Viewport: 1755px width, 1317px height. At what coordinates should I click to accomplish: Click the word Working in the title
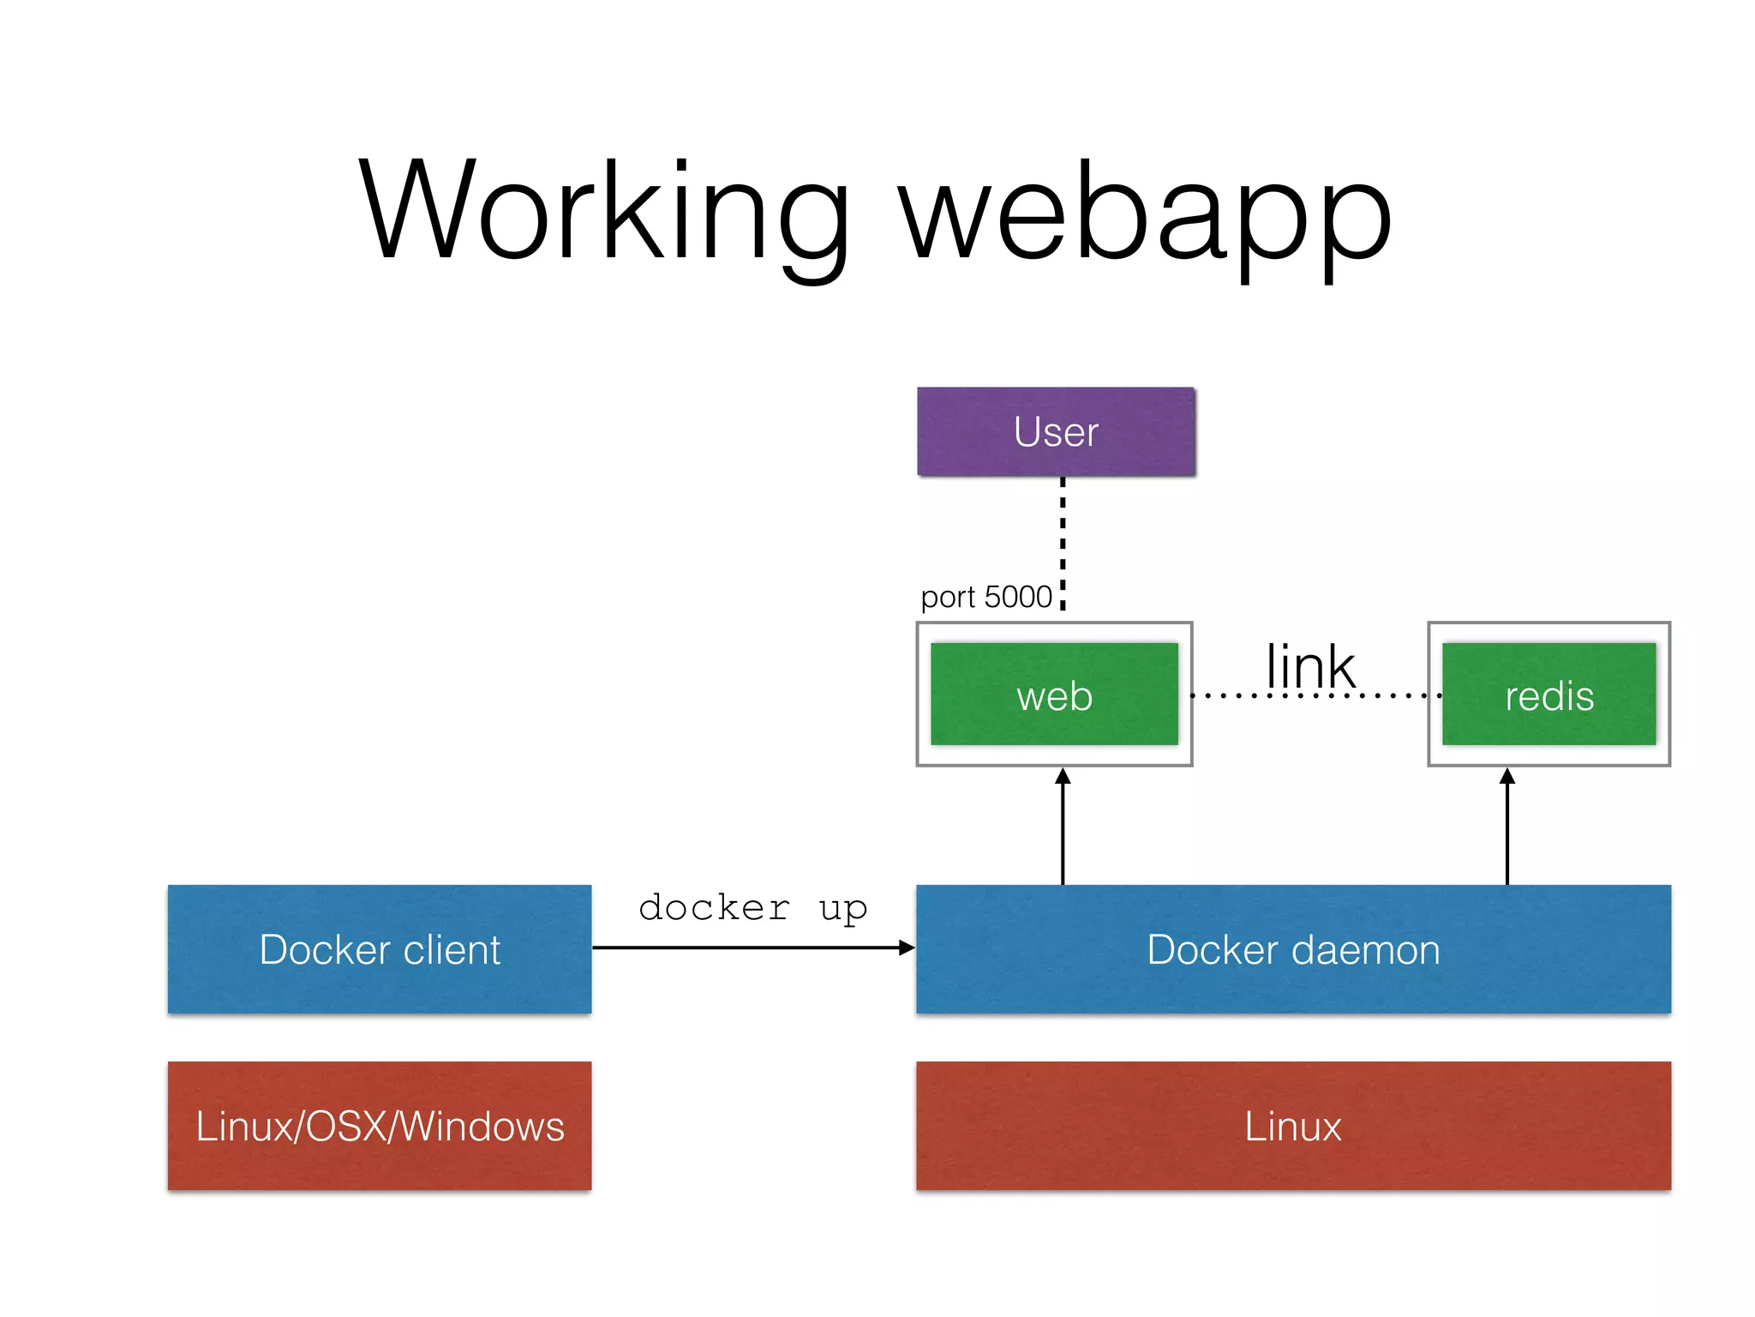coord(604,210)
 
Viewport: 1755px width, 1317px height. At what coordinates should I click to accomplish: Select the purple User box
coord(1056,431)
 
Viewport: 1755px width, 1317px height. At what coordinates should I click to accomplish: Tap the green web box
coord(1054,695)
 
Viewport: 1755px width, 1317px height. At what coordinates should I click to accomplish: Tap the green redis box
coord(1548,695)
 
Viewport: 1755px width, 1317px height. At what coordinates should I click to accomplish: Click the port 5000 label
coord(985,597)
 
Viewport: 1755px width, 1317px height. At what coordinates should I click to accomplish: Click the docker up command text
coord(752,907)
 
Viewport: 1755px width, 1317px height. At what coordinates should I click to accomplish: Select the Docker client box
coord(380,949)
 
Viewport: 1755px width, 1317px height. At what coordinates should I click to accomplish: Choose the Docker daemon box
coord(1292,949)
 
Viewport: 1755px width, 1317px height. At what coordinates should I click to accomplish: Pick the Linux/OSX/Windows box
coord(380,1126)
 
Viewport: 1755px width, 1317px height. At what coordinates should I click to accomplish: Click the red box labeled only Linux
coord(1292,1126)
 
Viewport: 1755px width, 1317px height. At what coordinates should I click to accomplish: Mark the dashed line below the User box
coord(1063,540)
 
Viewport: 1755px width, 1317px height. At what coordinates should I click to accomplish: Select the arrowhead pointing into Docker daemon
coord(907,947)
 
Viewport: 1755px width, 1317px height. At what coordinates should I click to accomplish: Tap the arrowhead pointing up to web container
coord(1063,777)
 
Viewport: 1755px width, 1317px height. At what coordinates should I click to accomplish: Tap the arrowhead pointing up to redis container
coord(1507,777)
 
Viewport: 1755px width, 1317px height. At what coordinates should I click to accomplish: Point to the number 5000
coord(1018,597)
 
